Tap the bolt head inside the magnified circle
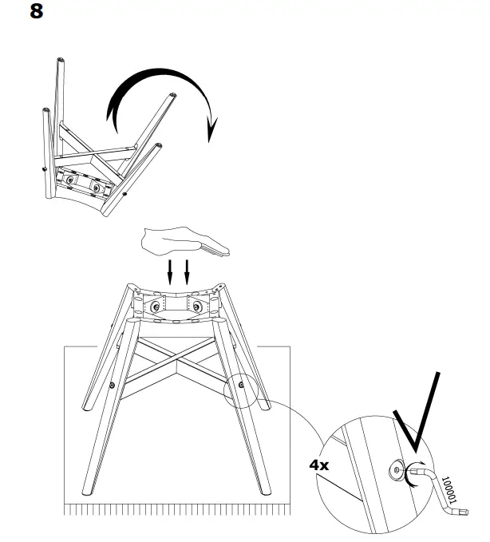click(397, 473)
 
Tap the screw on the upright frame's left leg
click(112, 386)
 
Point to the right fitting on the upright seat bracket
click(197, 306)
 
